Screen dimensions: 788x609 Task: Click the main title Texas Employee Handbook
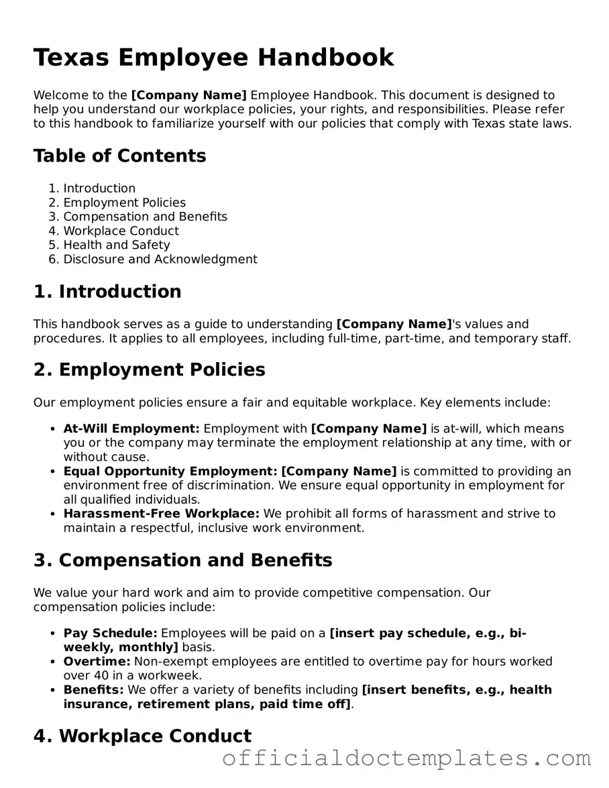[x=213, y=58]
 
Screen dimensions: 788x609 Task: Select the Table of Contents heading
[x=120, y=156]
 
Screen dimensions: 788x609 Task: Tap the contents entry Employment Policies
[x=124, y=203]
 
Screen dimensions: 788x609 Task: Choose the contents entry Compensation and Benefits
[x=145, y=217]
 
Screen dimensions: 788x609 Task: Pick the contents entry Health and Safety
[x=116, y=245]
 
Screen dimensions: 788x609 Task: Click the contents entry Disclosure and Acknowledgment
[x=160, y=259]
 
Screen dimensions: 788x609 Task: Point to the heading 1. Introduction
[x=107, y=292]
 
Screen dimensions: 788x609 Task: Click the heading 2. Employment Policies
[x=149, y=370]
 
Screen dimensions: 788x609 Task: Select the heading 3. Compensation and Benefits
[x=182, y=561]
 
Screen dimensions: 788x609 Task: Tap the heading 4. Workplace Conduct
[x=142, y=736]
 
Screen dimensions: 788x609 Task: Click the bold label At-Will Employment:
[x=131, y=429]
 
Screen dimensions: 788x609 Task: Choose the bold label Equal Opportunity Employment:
[x=170, y=471]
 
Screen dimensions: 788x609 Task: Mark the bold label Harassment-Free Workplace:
[x=161, y=514]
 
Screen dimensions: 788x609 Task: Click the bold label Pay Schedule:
[x=110, y=633]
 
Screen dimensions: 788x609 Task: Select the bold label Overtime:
[x=97, y=661]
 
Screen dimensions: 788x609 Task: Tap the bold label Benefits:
[x=93, y=689]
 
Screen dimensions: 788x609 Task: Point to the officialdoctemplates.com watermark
[x=406, y=759]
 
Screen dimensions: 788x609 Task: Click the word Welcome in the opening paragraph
[x=60, y=95]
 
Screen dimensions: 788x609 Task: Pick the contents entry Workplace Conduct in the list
[x=121, y=231]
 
